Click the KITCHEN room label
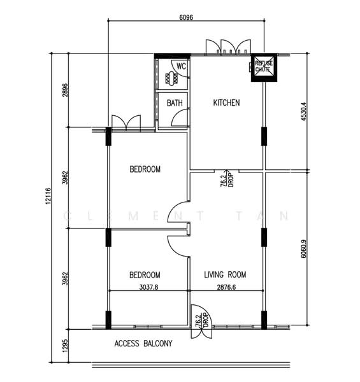(226, 103)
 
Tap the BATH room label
(175, 103)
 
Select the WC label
(181, 66)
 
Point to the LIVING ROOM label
(225, 274)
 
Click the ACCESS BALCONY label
(143, 343)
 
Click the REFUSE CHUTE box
(264, 67)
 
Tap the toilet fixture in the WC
(171, 78)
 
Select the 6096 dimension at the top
(186, 17)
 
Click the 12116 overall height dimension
(48, 195)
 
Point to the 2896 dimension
(65, 90)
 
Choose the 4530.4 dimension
(303, 111)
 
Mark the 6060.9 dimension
(303, 249)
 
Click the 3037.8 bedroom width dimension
(148, 287)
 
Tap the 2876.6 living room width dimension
(226, 287)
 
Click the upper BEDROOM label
(145, 169)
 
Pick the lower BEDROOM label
(145, 275)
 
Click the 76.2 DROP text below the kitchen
(227, 180)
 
